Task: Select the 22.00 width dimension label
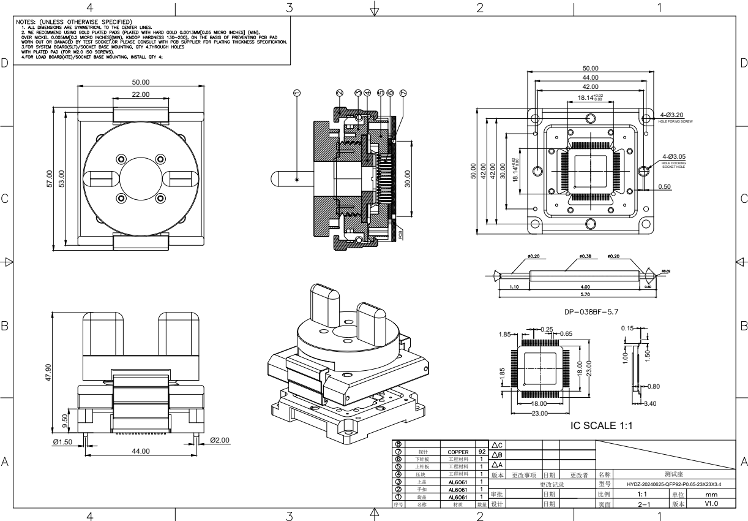141,94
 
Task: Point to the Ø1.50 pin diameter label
62,441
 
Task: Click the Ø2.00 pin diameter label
220,439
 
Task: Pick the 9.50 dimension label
66,421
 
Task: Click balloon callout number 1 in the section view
297,93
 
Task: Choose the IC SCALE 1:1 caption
600,425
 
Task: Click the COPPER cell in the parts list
458,452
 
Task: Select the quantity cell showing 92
482,452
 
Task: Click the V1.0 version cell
711,504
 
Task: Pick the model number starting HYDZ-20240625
673,484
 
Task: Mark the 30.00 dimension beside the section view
407,182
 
